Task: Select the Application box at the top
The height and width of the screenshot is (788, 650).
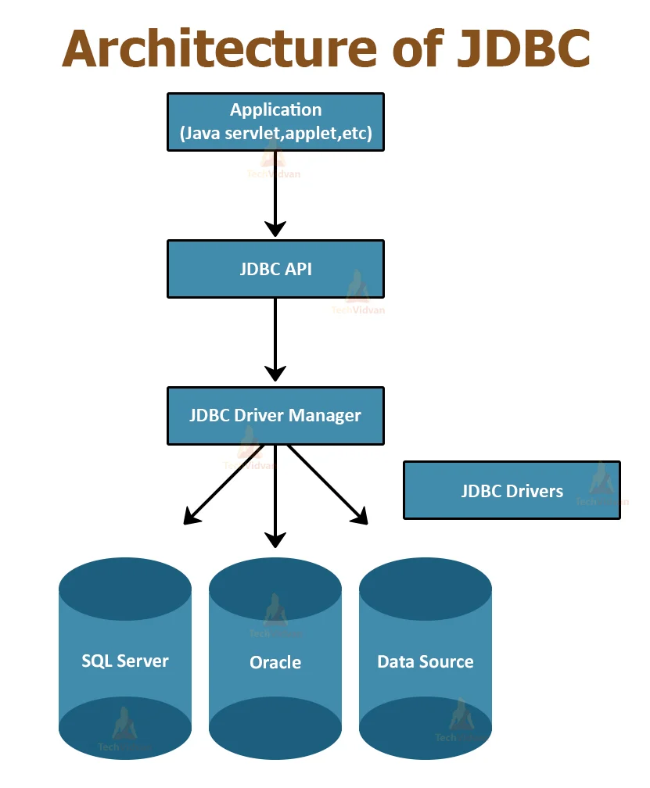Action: [275, 122]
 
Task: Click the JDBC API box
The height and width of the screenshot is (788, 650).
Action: [275, 269]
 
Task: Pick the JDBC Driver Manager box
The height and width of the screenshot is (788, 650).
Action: [275, 415]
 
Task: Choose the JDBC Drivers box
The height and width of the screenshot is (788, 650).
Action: [512, 491]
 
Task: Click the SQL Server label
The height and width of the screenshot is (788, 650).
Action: [125, 661]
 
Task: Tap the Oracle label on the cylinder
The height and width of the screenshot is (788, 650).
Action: [275, 663]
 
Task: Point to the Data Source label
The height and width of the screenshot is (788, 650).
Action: [426, 662]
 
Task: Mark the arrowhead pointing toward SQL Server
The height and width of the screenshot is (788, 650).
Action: [190, 516]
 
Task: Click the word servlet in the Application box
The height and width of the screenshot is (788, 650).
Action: [252, 134]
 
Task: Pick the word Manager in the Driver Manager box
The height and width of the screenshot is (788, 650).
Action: [325, 415]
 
